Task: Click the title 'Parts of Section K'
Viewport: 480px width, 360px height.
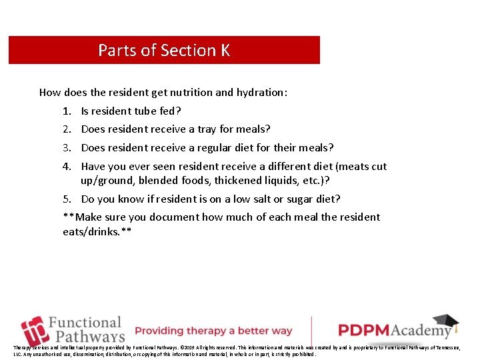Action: pos(164,51)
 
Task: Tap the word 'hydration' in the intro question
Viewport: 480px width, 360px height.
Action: pos(259,93)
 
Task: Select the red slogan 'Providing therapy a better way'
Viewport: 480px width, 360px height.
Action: pos(213,331)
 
